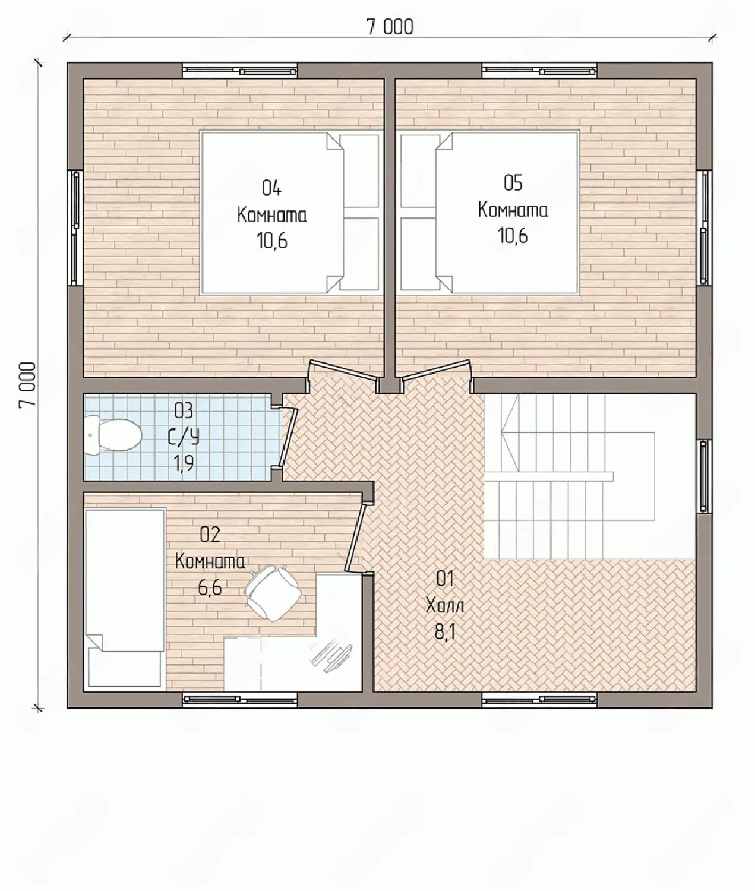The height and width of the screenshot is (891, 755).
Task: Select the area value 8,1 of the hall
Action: coord(445,633)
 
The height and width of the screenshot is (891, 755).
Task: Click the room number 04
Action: coord(271,188)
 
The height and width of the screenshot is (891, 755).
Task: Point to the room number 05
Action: coord(513,183)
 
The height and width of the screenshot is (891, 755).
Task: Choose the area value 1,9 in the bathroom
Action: coord(184,463)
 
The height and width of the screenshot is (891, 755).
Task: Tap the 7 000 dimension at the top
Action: coord(390,27)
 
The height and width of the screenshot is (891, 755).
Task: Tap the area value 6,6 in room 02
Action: coord(210,587)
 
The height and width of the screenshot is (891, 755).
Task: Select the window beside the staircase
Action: coord(704,477)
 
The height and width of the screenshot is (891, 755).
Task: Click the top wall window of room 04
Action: coord(240,71)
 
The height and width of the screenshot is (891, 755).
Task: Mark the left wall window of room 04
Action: coord(75,228)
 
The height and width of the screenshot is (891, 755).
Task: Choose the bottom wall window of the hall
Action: coord(539,700)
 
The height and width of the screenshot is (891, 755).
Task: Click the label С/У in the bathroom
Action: coord(184,438)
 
